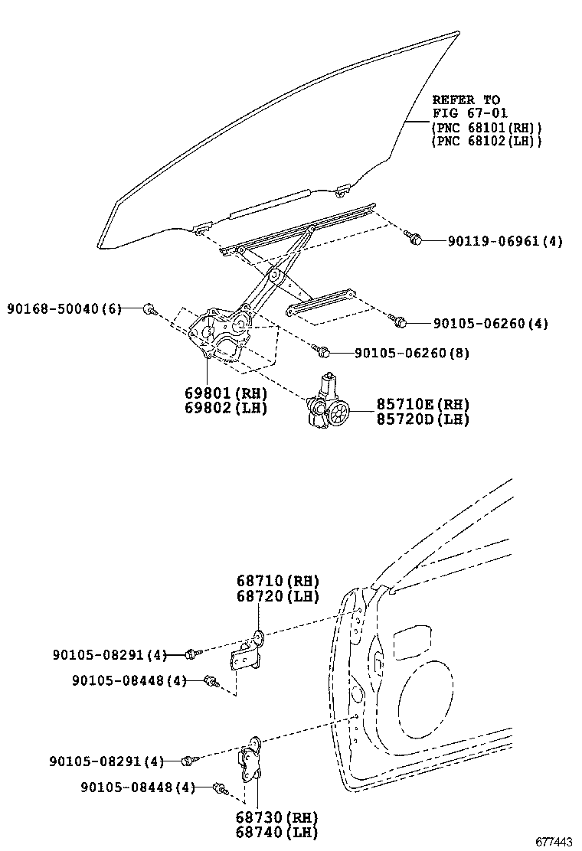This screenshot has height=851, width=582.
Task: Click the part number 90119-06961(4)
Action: point(505,241)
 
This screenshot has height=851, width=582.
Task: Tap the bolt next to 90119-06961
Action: point(415,240)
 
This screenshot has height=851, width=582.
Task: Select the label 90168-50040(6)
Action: point(64,308)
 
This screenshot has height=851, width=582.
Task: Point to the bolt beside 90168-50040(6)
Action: point(149,309)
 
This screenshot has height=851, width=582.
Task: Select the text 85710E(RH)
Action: point(422,404)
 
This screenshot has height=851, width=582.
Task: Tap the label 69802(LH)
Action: point(225,408)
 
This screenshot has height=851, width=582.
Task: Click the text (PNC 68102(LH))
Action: point(486,141)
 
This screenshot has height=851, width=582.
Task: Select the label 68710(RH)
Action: point(266,581)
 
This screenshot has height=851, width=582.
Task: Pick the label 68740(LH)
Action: point(266,833)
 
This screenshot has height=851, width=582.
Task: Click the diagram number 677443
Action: point(553,842)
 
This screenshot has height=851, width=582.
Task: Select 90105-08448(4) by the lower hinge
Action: point(137,787)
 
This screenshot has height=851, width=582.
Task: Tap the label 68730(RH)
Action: point(266,818)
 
